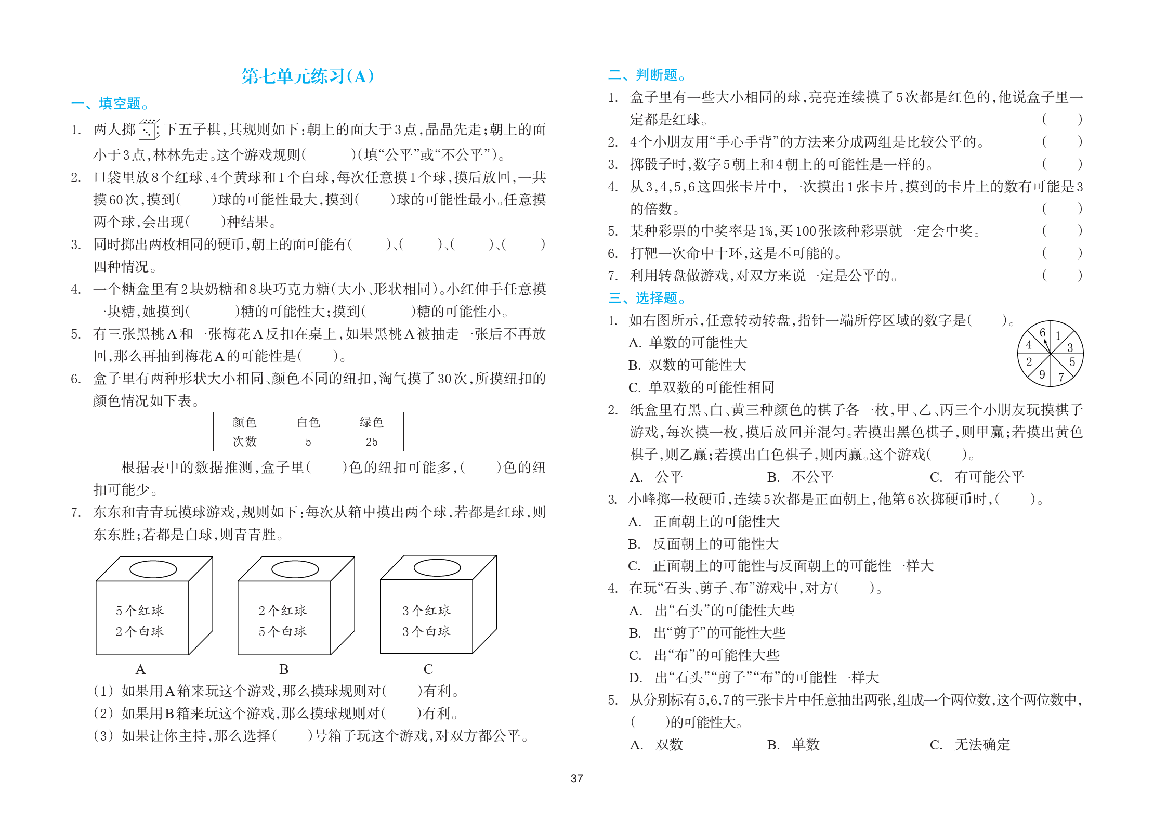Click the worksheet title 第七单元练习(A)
[x=308, y=76]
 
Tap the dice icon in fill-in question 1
[x=149, y=129]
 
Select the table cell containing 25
[x=372, y=442]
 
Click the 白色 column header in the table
[x=308, y=422]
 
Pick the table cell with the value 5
[x=308, y=442]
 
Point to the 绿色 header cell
[x=372, y=422]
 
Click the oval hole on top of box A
[x=153, y=569]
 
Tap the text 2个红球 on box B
[x=283, y=611]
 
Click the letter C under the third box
[x=428, y=669]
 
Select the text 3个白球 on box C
[x=426, y=631]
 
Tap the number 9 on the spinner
[x=1042, y=374]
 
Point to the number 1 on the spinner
[x=1058, y=336]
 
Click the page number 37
[x=576, y=779]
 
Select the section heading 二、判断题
[x=647, y=75]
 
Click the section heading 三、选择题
[x=647, y=298]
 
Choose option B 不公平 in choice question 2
[x=801, y=477]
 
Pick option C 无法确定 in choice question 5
[x=970, y=745]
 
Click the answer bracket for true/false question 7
[x=1061, y=275]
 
